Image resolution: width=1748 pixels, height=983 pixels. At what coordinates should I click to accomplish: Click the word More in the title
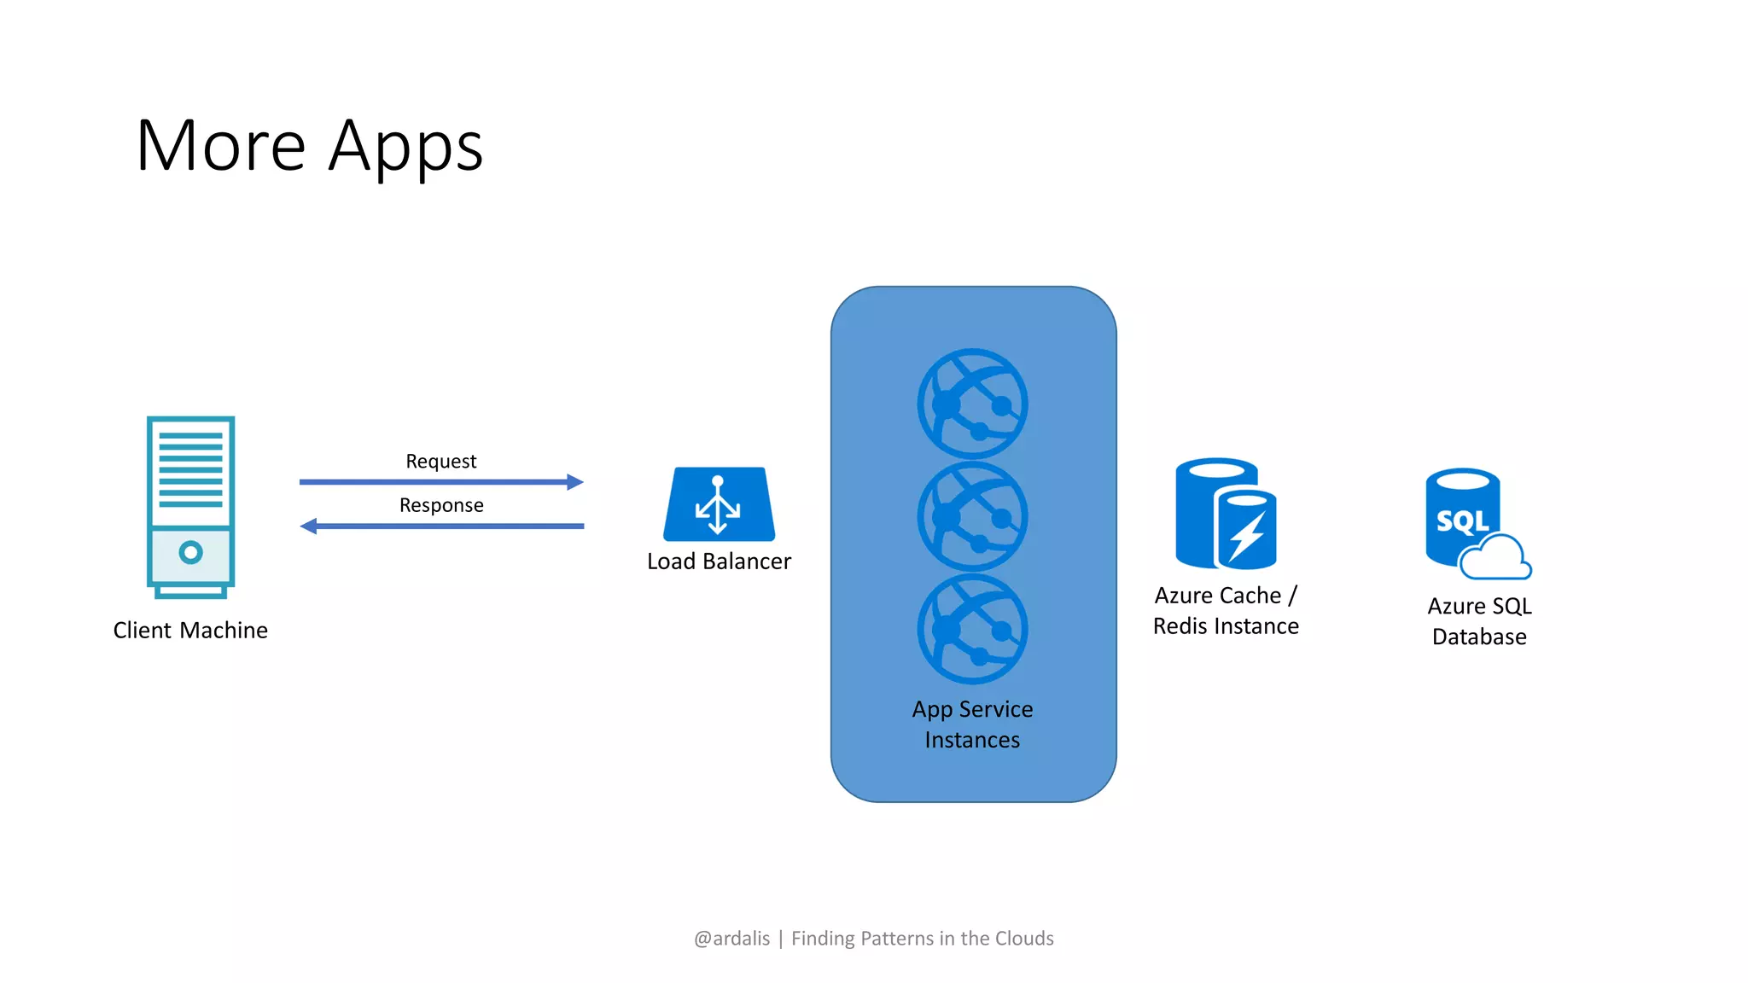click(220, 147)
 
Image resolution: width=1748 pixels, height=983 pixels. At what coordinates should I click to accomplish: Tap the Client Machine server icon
click(190, 507)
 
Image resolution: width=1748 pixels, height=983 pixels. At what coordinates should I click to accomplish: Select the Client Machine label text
click(190, 631)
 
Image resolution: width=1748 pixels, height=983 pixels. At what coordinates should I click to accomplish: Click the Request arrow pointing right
click(441, 482)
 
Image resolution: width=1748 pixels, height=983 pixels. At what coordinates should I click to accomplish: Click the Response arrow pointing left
click(441, 526)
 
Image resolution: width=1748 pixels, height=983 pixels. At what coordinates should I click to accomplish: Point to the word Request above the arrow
click(441, 462)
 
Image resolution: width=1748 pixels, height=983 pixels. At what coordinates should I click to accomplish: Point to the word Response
click(441, 505)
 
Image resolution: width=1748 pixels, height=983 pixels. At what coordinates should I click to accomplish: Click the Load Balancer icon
click(719, 504)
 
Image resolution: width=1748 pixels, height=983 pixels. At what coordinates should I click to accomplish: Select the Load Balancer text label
click(719, 561)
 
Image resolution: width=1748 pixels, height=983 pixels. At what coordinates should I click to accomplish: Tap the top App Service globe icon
click(972, 404)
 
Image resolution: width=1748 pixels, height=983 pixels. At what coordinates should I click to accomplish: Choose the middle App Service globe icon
click(972, 516)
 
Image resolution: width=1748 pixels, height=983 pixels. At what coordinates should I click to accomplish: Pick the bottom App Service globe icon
click(972, 629)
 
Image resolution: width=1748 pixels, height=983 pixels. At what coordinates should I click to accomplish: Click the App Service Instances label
click(972, 724)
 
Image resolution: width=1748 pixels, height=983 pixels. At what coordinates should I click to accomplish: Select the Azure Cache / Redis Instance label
click(1226, 611)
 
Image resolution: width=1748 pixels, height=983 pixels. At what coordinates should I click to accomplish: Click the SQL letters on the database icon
click(1462, 521)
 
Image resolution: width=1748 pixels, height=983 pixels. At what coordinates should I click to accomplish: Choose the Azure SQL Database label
click(1479, 621)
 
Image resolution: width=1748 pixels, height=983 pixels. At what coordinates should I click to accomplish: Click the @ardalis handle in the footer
click(731, 939)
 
